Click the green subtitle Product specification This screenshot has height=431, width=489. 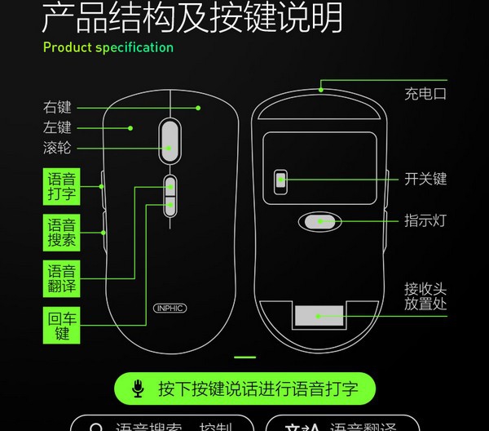click(x=108, y=47)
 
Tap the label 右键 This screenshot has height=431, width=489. click(x=58, y=107)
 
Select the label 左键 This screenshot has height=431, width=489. click(x=58, y=127)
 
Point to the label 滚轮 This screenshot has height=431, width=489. click(x=58, y=149)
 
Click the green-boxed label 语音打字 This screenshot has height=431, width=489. click(x=62, y=186)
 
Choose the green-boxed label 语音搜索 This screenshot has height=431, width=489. click(x=62, y=233)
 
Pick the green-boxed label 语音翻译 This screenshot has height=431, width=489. click(x=62, y=279)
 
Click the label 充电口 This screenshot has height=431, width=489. click(x=425, y=93)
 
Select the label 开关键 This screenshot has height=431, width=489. click(x=425, y=179)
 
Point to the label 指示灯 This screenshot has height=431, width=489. click(x=425, y=220)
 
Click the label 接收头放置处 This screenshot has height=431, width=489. click(x=425, y=296)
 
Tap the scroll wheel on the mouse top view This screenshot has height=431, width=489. click(x=170, y=136)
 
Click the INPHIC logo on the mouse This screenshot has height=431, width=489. click(x=170, y=309)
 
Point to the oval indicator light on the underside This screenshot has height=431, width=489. click(x=318, y=220)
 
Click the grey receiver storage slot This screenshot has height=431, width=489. click(x=319, y=316)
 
